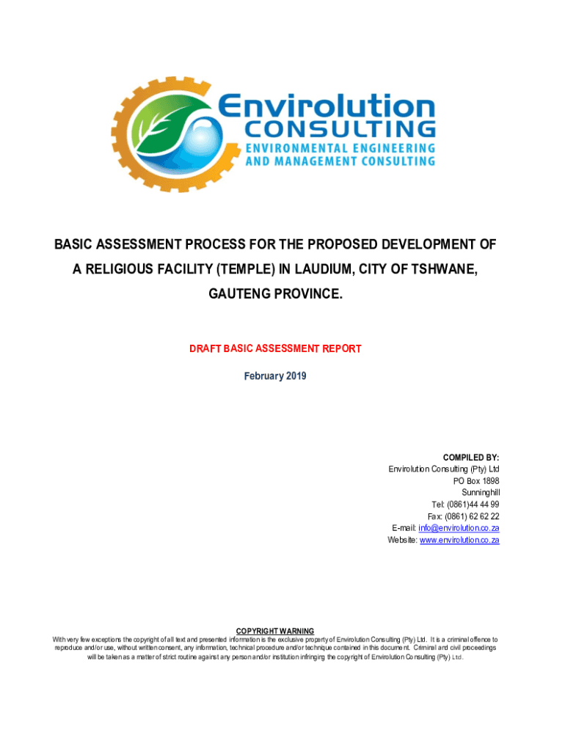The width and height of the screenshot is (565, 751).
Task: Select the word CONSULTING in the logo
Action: [x=339, y=130]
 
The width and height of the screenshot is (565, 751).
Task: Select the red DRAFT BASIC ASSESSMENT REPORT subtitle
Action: [x=275, y=349]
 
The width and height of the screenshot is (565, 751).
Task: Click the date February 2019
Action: [x=275, y=376]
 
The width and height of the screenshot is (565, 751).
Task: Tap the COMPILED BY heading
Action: [x=471, y=458]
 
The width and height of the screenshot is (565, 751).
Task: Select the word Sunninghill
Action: [x=481, y=493]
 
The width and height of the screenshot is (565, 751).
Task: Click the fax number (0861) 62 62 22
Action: [x=473, y=516]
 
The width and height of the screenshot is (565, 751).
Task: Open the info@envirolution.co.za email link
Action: [x=459, y=528]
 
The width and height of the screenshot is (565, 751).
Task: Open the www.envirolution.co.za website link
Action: [x=459, y=540]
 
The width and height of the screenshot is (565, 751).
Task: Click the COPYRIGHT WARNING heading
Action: [x=275, y=631]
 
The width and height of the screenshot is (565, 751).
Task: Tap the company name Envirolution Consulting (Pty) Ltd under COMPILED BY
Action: [x=444, y=469]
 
